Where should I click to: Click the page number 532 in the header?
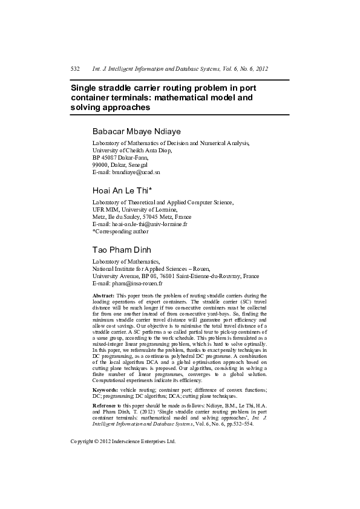[x=76, y=70]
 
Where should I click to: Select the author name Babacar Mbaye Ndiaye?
[x=136, y=131]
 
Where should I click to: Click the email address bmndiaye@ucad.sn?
[x=136, y=172]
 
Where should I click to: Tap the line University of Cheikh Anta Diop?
[x=132, y=151]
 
